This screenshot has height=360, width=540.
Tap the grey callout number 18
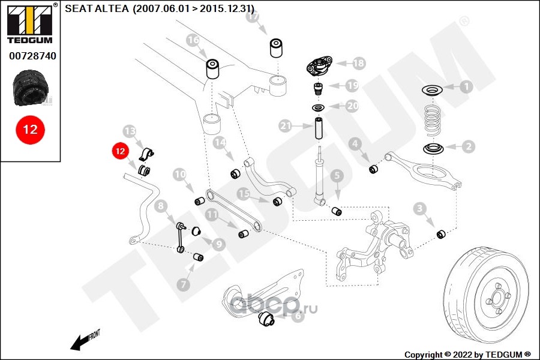[359, 62]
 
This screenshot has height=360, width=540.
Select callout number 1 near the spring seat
[466, 86]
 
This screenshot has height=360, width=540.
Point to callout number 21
[286, 126]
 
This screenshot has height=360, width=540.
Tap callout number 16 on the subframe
[192, 41]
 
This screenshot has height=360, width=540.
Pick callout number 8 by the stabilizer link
[160, 207]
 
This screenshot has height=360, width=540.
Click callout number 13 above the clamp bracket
[130, 131]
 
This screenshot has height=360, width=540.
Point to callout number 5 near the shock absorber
[337, 175]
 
